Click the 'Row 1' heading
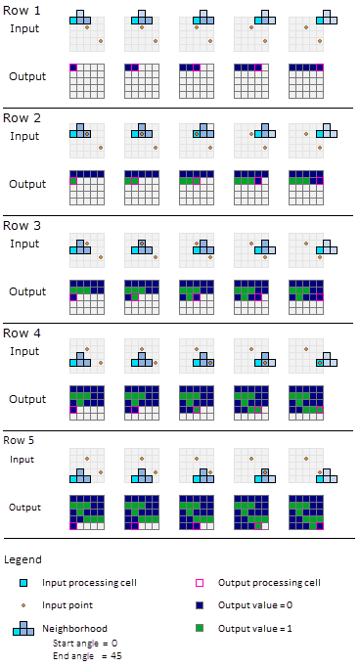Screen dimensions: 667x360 click(24, 10)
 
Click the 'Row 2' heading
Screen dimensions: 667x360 click(24, 117)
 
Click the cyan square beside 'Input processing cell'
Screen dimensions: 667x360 click(23, 583)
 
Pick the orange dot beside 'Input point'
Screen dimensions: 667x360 click(23, 605)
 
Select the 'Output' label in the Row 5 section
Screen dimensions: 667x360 click(24, 507)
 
